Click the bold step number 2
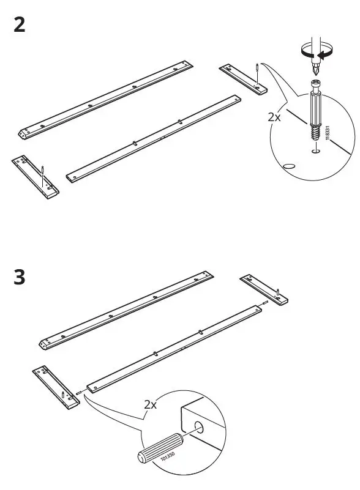(20, 26)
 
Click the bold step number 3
(20, 277)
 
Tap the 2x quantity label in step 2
(274, 116)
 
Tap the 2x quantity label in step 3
(151, 404)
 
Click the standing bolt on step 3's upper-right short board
(279, 292)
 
